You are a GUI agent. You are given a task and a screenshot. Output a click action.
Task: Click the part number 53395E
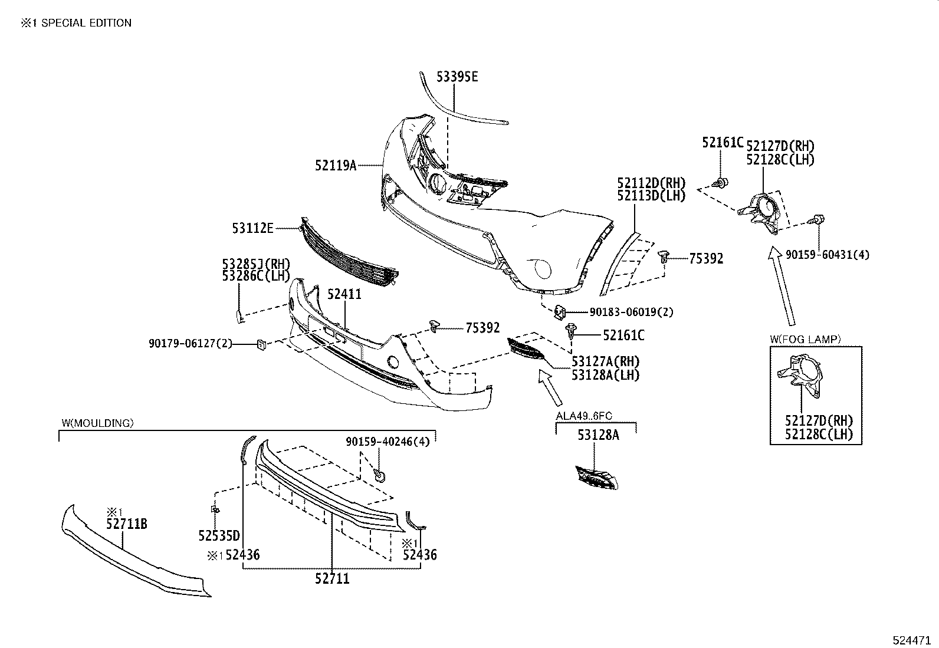click(457, 77)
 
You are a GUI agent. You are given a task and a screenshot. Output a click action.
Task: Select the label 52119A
click(336, 166)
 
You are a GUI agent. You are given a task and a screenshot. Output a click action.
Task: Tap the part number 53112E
click(252, 228)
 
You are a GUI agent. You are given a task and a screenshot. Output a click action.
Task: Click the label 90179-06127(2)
click(191, 343)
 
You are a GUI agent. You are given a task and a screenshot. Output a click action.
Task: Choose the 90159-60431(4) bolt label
click(827, 255)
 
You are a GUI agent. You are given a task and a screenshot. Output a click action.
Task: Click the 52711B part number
click(126, 523)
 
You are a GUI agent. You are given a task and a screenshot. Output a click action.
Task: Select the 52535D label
click(219, 535)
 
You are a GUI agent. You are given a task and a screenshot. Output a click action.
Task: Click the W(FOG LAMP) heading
click(805, 339)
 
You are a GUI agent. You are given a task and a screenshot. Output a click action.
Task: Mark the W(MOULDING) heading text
click(97, 423)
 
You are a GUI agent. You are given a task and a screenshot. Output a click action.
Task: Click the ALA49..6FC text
click(583, 416)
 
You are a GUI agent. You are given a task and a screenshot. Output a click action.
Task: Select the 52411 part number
click(344, 294)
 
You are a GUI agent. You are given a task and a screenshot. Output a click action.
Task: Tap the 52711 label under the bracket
click(332, 579)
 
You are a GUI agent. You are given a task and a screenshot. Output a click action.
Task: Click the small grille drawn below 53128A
click(597, 478)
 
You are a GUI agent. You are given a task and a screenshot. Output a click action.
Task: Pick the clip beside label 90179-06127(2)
click(261, 344)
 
